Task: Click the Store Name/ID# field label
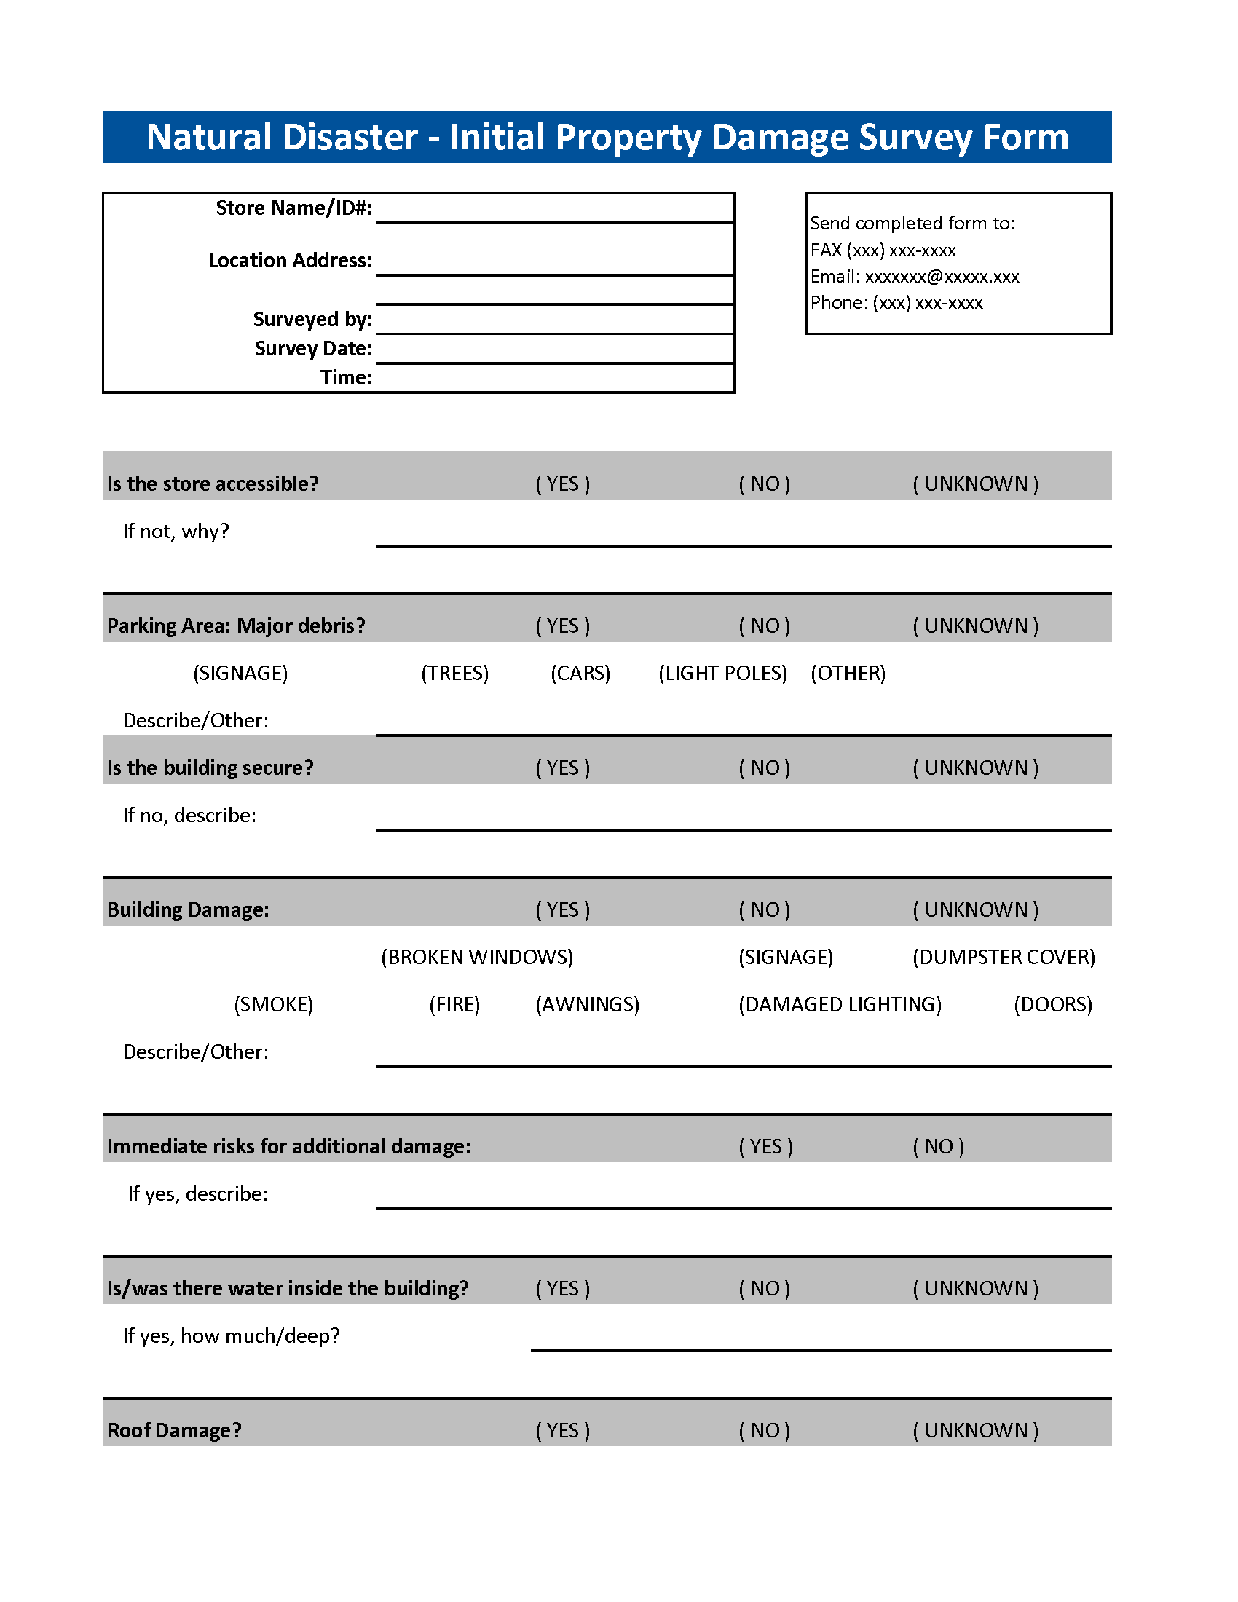tap(293, 208)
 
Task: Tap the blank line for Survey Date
tap(554, 350)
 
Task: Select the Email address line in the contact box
tap(914, 277)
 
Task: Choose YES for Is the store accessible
tap(562, 484)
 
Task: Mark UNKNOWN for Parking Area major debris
tap(974, 626)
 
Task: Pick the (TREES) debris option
tap(454, 674)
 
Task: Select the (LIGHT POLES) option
tap(722, 674)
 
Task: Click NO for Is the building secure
tap(764, 768)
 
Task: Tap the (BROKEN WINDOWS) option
tap(477, 958)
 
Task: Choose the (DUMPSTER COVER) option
tap(1004, 958)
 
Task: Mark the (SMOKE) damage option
tap(274, 1005)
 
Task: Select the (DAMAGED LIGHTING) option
tap(840, 1005)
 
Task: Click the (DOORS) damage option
tap(1052, 1005)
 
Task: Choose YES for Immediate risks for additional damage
tap(765, 1146)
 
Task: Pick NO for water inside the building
tap(764, 1289)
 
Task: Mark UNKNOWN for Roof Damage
tap(974, 1430)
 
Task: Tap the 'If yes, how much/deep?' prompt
tap(231, 1335)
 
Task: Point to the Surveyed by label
tap(312, 320)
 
